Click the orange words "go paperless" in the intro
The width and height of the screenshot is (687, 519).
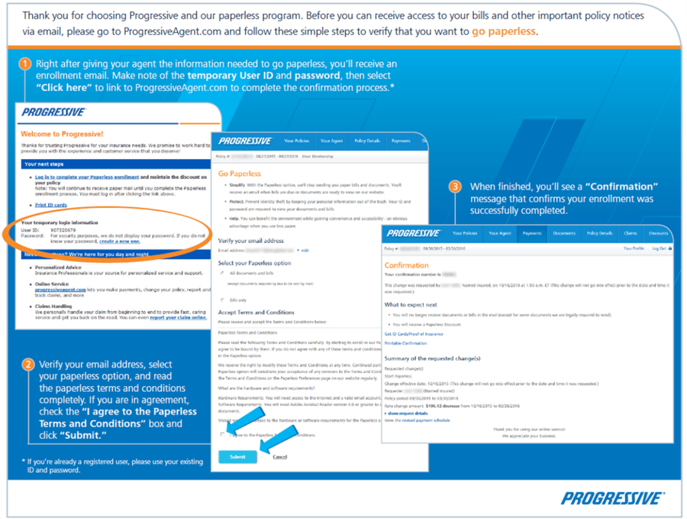pyautogui.click(x=504, y=31)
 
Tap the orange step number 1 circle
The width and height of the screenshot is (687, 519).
pyautogui.click(x=25, y=64)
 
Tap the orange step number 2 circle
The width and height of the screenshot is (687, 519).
pyautogui.click(x=27, y=365)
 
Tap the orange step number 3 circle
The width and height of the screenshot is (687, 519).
pyautogui.click(x=455, y=187)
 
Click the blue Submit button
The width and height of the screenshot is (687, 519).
pyautogui.click(x=237, y=456)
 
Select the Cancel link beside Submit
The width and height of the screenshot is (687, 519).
pyautogui.click(x=279, y=456)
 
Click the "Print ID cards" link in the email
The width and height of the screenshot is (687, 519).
pyautogui.click(x=51, y=205)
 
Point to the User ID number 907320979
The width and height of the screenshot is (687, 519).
pyautogui.click(x=63, y=229)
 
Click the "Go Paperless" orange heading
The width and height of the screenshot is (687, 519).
pyautogui.click(x=239, y=174)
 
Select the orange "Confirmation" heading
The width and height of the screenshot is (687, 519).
pyautogui.click(x=406, y=265)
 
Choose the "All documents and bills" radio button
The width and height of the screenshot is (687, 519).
pyautogui.click(x=223, y=273)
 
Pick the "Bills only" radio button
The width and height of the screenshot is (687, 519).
pyautogui.click(x=223, y=300)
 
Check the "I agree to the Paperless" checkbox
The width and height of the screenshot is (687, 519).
pyautogui.click(x=223, y=434)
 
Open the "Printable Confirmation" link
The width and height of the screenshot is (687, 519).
pyautogui.click(x=405, y=343)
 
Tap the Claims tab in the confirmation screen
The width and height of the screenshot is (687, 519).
pyautogui.click(x=630, y=233)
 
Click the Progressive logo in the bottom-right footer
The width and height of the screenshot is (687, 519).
pyautogui.click(x=612, y=498)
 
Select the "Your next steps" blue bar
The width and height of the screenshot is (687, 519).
pyautogui.click(x=114, y=164)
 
